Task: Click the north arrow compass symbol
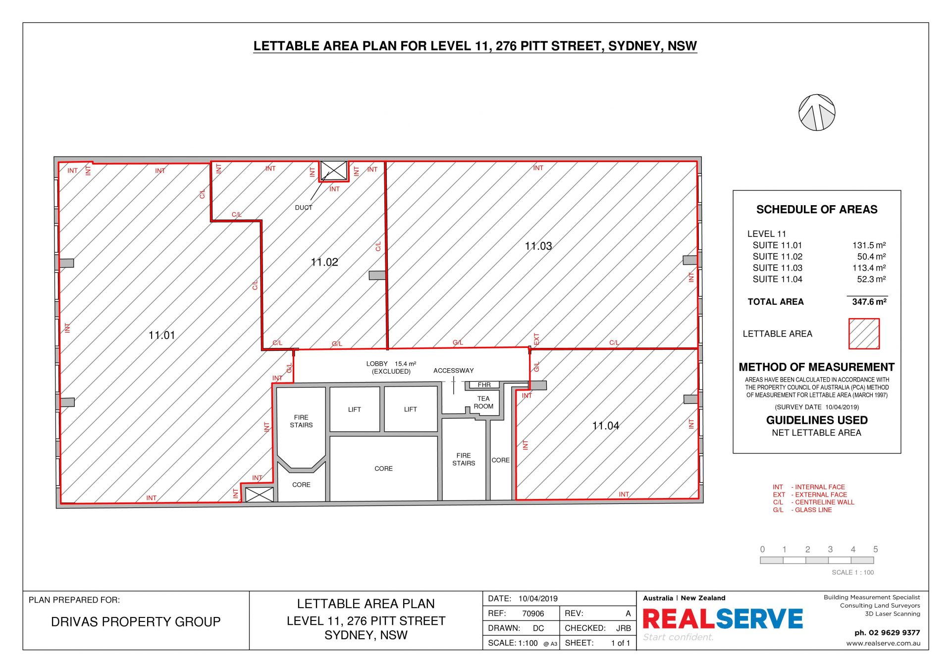point(817,112)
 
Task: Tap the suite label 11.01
point(162,336)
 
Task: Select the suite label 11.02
point(324,262)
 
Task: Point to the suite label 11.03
point(538,246)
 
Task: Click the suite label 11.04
point(606,426)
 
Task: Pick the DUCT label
point(304,208)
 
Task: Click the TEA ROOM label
point(483,402)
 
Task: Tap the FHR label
point(484,385)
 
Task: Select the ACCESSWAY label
point(454,371)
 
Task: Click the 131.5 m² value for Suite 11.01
point(869,245)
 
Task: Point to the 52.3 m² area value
point(872,280)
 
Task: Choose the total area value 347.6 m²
point(869,302)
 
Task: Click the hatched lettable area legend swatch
point(864,334)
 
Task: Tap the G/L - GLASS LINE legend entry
point(802,510)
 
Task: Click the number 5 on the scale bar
point(876,550)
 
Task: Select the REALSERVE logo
point(723,619)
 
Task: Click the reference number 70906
point(533,614)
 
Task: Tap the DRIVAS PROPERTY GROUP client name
point(136,622)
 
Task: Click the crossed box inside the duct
point(334,171)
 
